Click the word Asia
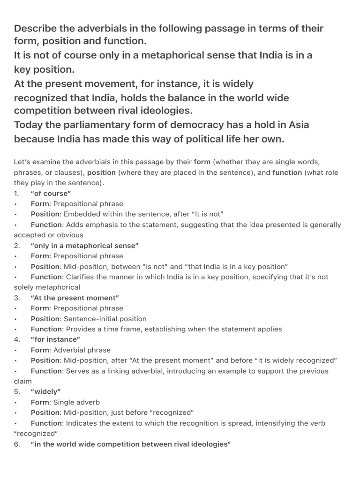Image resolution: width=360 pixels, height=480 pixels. [296, 126]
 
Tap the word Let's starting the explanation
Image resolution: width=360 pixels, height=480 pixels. [23, 162]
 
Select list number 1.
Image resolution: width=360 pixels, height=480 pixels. [17, 193]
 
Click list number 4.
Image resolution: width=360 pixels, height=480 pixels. [17, 339]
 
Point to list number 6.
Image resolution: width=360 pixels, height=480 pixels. [17, 444]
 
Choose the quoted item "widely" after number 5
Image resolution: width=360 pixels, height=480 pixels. [46, 391]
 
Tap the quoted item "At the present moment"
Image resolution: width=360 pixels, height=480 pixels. [75, 298]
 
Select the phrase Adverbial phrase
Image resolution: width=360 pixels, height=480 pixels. [82, 350]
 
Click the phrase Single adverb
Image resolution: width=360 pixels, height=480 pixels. [76, 402]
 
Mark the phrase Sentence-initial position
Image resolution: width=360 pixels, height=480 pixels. [106, 319]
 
